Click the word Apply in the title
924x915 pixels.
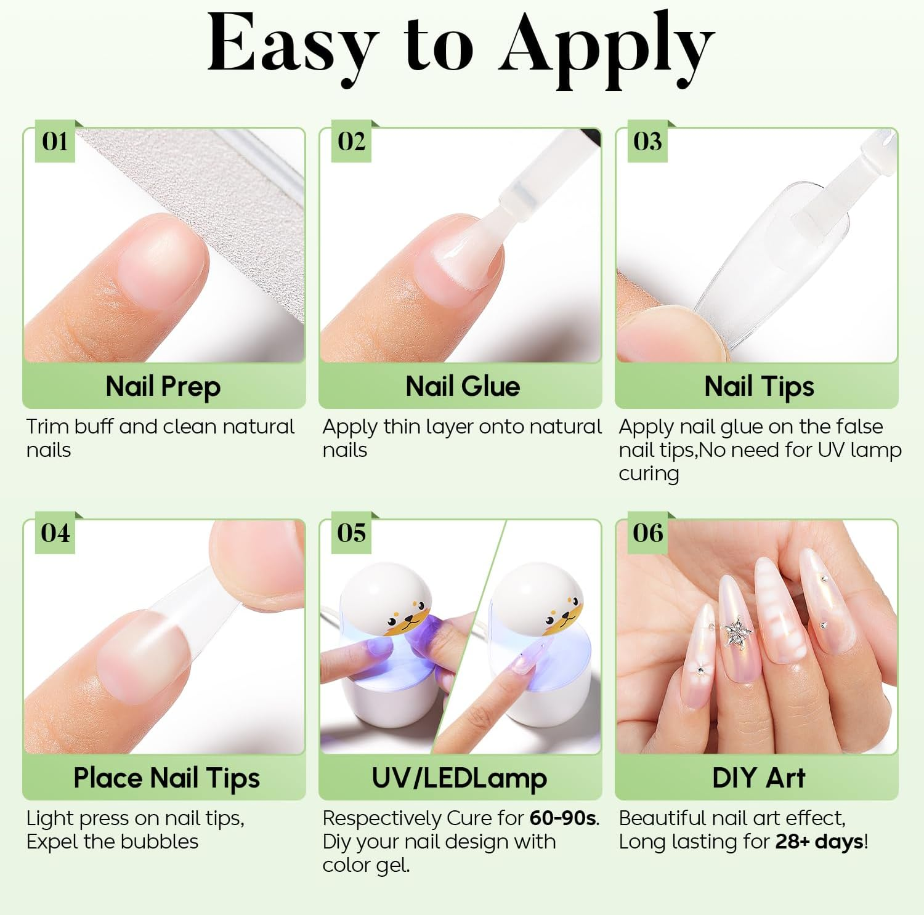[606, 49]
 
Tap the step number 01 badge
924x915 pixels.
[55, 142]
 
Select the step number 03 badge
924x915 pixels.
[647, 142]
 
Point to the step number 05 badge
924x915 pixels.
[351, 533]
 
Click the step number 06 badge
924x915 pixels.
[647, 533]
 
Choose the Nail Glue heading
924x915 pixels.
[463, 387]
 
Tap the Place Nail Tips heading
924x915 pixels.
[166, 778]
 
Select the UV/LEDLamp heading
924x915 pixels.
[460, 778]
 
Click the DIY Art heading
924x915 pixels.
[758, 778]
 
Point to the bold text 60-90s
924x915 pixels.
[563, 818]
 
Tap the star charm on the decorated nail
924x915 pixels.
[736, 632]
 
